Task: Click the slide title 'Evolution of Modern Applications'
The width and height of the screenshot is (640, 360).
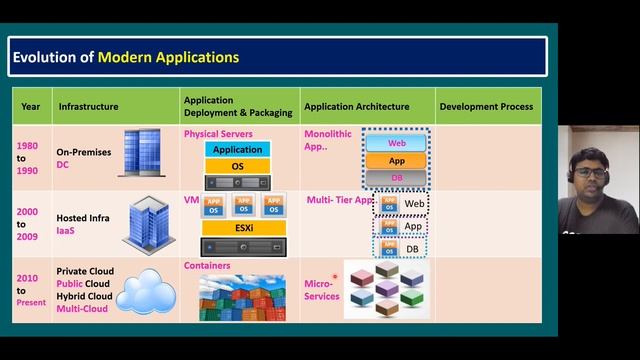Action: (126, 57)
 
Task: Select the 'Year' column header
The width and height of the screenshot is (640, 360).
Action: (31, 106)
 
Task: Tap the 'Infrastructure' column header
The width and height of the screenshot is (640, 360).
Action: (88, 106)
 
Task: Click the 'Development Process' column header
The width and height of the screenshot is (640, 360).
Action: (485, 106)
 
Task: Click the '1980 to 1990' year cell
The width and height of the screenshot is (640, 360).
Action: (28, 157)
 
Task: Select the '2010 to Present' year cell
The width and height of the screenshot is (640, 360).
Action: (31, 290)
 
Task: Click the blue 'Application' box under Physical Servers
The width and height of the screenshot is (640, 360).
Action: (237, 150)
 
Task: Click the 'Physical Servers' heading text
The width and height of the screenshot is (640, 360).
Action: (218, 133)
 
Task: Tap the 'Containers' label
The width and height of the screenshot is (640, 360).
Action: (207, 266)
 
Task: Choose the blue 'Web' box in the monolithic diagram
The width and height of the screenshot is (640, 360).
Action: (396, 144)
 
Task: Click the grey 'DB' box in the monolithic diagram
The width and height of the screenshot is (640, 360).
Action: (396, 177)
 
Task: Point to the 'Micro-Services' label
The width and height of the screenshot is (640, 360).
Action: (321, 290)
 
